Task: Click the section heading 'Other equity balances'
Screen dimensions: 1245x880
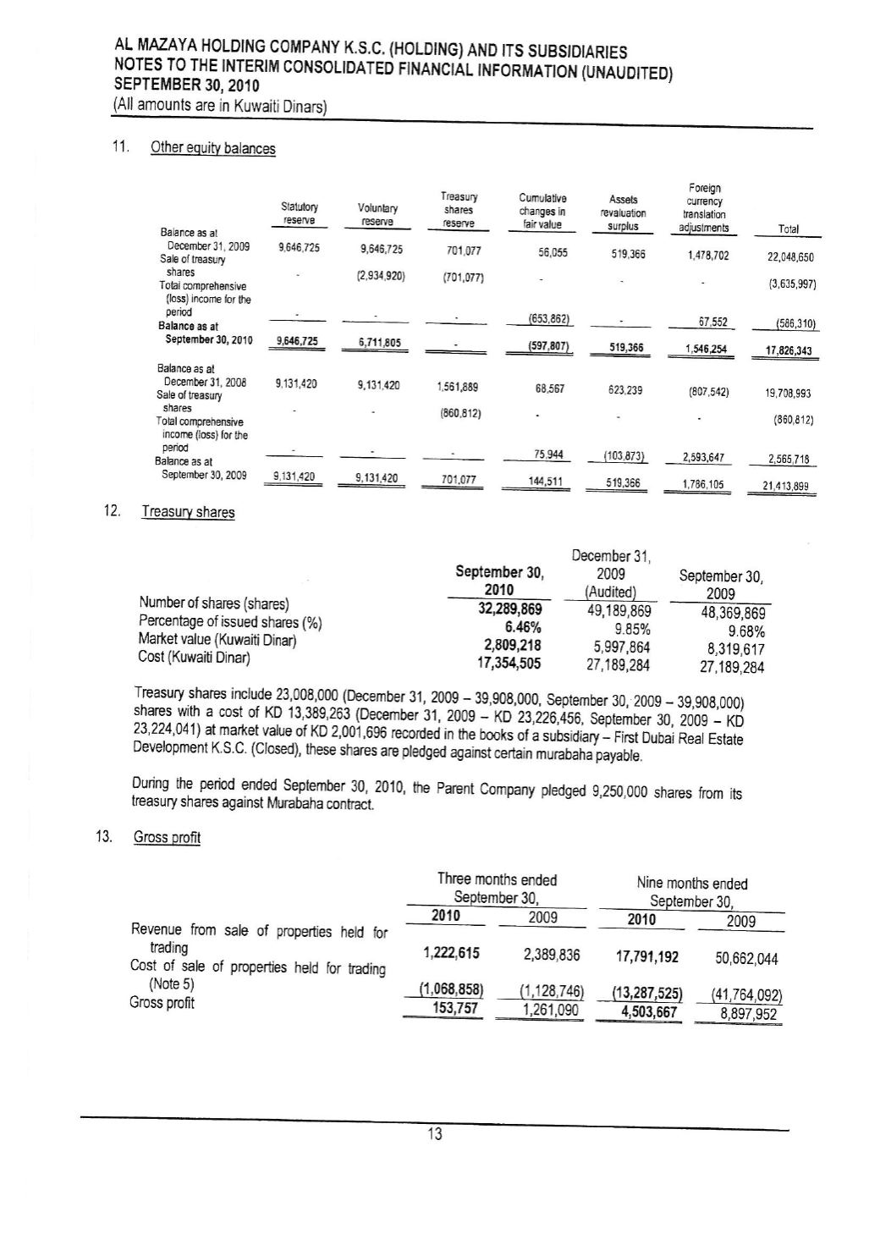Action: click(x=212, y=148)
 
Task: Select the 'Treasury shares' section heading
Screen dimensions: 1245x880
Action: click(x=188, y=512)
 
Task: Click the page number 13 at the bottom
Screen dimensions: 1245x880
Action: click(x=434, y=1135)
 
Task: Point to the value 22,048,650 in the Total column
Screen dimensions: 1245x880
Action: click(x=791, y=257)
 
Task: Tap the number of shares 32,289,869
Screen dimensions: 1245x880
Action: click(x=510, y=609)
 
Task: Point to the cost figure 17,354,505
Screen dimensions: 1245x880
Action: click(x=509, y=664)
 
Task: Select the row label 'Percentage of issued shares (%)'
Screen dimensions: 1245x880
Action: click(x=228, y=622)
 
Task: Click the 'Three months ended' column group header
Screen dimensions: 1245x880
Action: click(x=497, y=879)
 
